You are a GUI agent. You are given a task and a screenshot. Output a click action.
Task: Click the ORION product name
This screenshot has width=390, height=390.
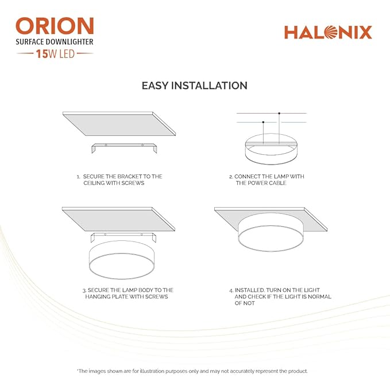pyautogui.click(x=55, y=26)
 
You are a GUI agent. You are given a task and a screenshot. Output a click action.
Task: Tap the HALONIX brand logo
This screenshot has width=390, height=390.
pyautogui.click(x=328, y=32)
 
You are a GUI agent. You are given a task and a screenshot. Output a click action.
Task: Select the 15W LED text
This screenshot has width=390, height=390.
pyautogui.click(x=55, y=54)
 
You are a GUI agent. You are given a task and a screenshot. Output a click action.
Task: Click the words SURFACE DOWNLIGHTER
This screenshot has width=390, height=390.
pyautogui.click(x=55, y=42)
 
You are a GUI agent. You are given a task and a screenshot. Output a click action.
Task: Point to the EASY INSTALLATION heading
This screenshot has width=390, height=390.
pyautogui.click(x=195, y=85)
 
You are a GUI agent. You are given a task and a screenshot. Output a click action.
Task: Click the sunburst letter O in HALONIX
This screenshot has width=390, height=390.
pyautogui.click(x=331, y=32)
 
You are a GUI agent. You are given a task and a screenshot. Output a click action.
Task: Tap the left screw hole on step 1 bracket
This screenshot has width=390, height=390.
pyautogui.click(x=106, y=145)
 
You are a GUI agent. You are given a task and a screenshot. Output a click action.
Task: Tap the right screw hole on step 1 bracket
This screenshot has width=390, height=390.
pyautogui.click(x=142, y=145)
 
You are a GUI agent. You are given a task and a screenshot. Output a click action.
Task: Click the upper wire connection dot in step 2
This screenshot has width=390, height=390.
pyautogui.click(x=279, y=114)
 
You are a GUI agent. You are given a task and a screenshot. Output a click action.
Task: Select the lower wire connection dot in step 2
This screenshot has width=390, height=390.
pyautogui.click(x=263, y=122)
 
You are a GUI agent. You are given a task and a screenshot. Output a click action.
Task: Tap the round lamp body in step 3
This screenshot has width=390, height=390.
pyautogui.click(x=122, y=260)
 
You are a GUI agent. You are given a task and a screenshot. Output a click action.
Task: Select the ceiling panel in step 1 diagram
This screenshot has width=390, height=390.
pyautogui.click(x=119, y=124)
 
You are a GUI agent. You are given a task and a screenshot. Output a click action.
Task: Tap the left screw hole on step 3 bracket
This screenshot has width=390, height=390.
pyautogui.click(x=105, y=235)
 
